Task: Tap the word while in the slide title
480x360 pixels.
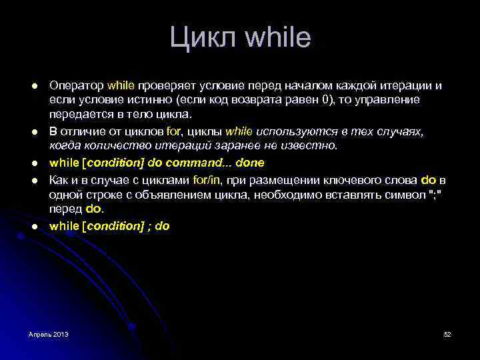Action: click(x=277, y=37)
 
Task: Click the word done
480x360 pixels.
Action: click(x=250, y=163)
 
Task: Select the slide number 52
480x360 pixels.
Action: click(x=447, y=333)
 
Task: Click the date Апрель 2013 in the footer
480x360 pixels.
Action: click(x=48, y=333)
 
